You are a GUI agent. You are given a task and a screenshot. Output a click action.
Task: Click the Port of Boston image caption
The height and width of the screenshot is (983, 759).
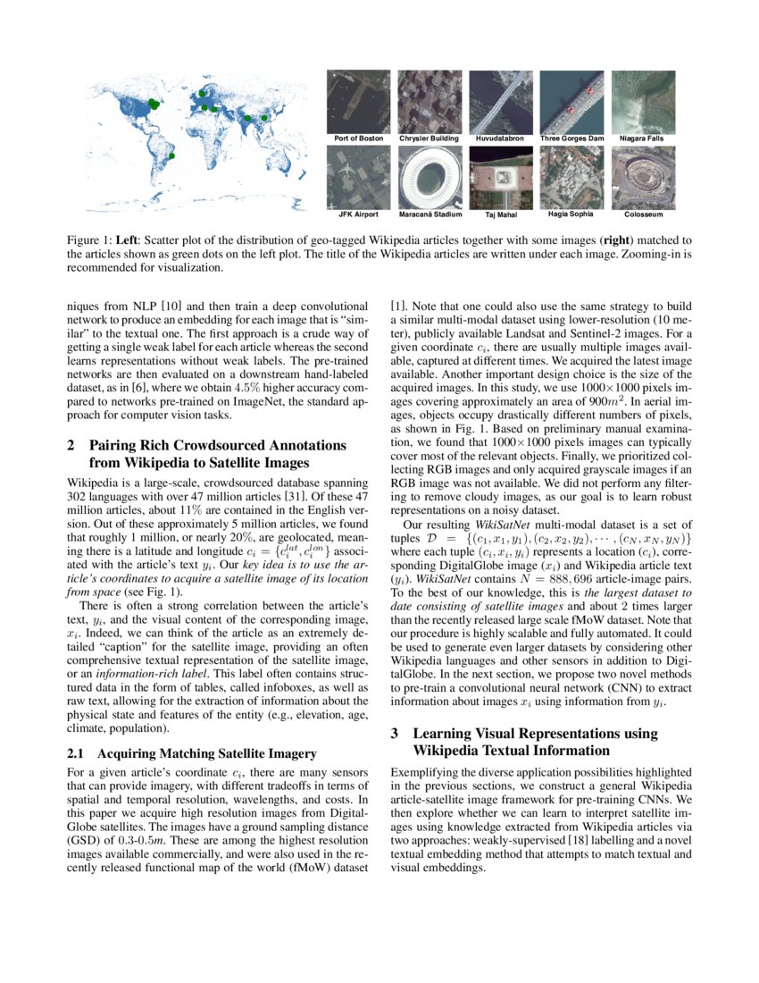pos(359,139)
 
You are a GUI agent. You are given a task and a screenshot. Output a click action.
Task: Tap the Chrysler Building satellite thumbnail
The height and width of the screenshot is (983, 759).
pos(429,102)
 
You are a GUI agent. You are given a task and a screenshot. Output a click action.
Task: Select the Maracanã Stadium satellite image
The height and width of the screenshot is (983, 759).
pos(429,177)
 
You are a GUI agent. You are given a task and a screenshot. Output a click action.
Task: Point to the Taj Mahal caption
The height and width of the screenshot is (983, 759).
pos(501,214)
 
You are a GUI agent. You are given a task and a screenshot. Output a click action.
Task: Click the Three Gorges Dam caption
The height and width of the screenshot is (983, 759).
pos(572,139)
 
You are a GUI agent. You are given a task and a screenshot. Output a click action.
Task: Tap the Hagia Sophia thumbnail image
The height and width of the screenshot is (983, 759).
pos(572,177)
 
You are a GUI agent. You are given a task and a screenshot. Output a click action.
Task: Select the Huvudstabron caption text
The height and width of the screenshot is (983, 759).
pos(501,139)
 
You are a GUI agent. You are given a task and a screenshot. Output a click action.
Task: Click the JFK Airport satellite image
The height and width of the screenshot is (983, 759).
pos(359,177)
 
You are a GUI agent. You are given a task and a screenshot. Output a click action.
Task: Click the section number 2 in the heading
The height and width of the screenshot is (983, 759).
pos(71,445)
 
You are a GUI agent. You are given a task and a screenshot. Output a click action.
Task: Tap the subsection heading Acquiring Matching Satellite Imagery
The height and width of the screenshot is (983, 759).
pos(194,752)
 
